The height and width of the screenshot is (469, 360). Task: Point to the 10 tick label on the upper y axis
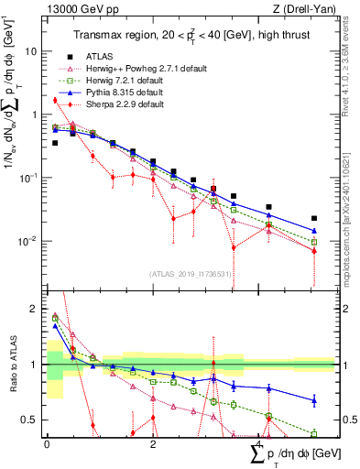click(x=32, y=51)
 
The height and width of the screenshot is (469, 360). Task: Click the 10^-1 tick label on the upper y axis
click(x=30, y=178)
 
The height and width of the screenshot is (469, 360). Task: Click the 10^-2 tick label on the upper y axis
click(x=30, y=241)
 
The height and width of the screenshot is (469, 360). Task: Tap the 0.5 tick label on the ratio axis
click(x=32, y=420)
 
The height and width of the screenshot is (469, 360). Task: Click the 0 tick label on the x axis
click(x=47, y=444)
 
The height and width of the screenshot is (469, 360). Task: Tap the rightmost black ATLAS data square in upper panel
click(x=313, y=219)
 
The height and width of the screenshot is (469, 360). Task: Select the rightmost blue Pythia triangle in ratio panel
click(x=313, y=400)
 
